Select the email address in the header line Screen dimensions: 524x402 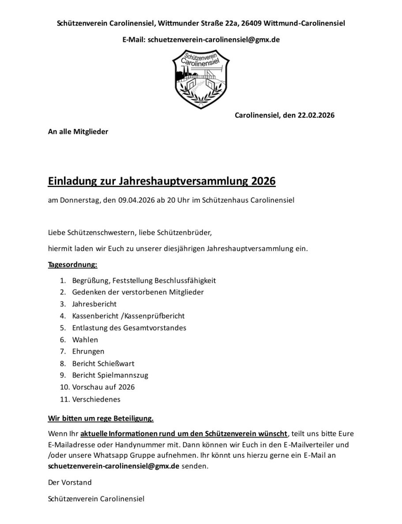coord(214,39)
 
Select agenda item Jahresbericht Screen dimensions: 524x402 coord(94,304)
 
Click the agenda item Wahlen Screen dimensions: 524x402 coord(85,339)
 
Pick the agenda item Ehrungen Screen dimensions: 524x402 coord(88,351)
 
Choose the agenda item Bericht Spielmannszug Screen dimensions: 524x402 coord(110,375)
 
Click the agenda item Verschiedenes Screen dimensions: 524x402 coord(96,399)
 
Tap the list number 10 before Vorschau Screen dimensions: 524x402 coord(64,387)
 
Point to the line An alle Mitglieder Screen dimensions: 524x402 coord(78,132)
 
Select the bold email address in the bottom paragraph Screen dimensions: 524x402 coord(113,466)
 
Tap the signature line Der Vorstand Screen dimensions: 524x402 coord(70,483)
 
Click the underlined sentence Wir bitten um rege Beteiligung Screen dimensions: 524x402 coord(101,417)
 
